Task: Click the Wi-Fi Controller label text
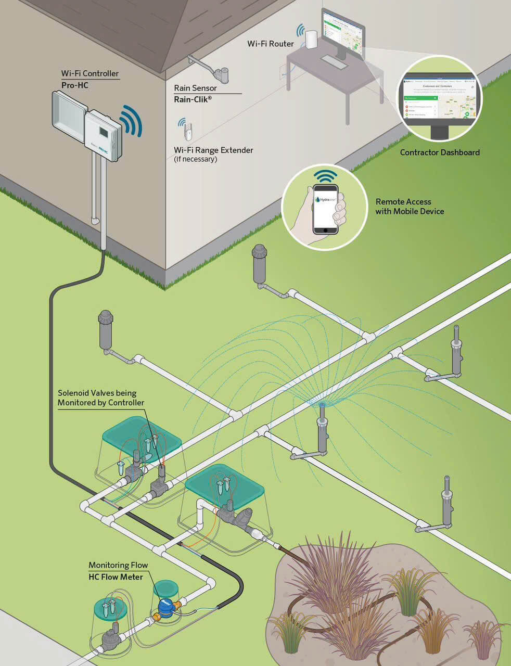tap(90, 73)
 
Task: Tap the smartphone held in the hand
tap(325, 209)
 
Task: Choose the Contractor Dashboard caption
tap(440, 152)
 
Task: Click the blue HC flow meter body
tap(166, 606)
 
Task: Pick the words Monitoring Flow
tap(118, 565)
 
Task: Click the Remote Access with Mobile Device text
tap(410, 206)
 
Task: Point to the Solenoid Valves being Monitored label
tap(101, 398)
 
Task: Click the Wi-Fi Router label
tap(270, 44)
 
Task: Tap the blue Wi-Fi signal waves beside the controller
tap(130, 121)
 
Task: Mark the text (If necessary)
tap(195, 159)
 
